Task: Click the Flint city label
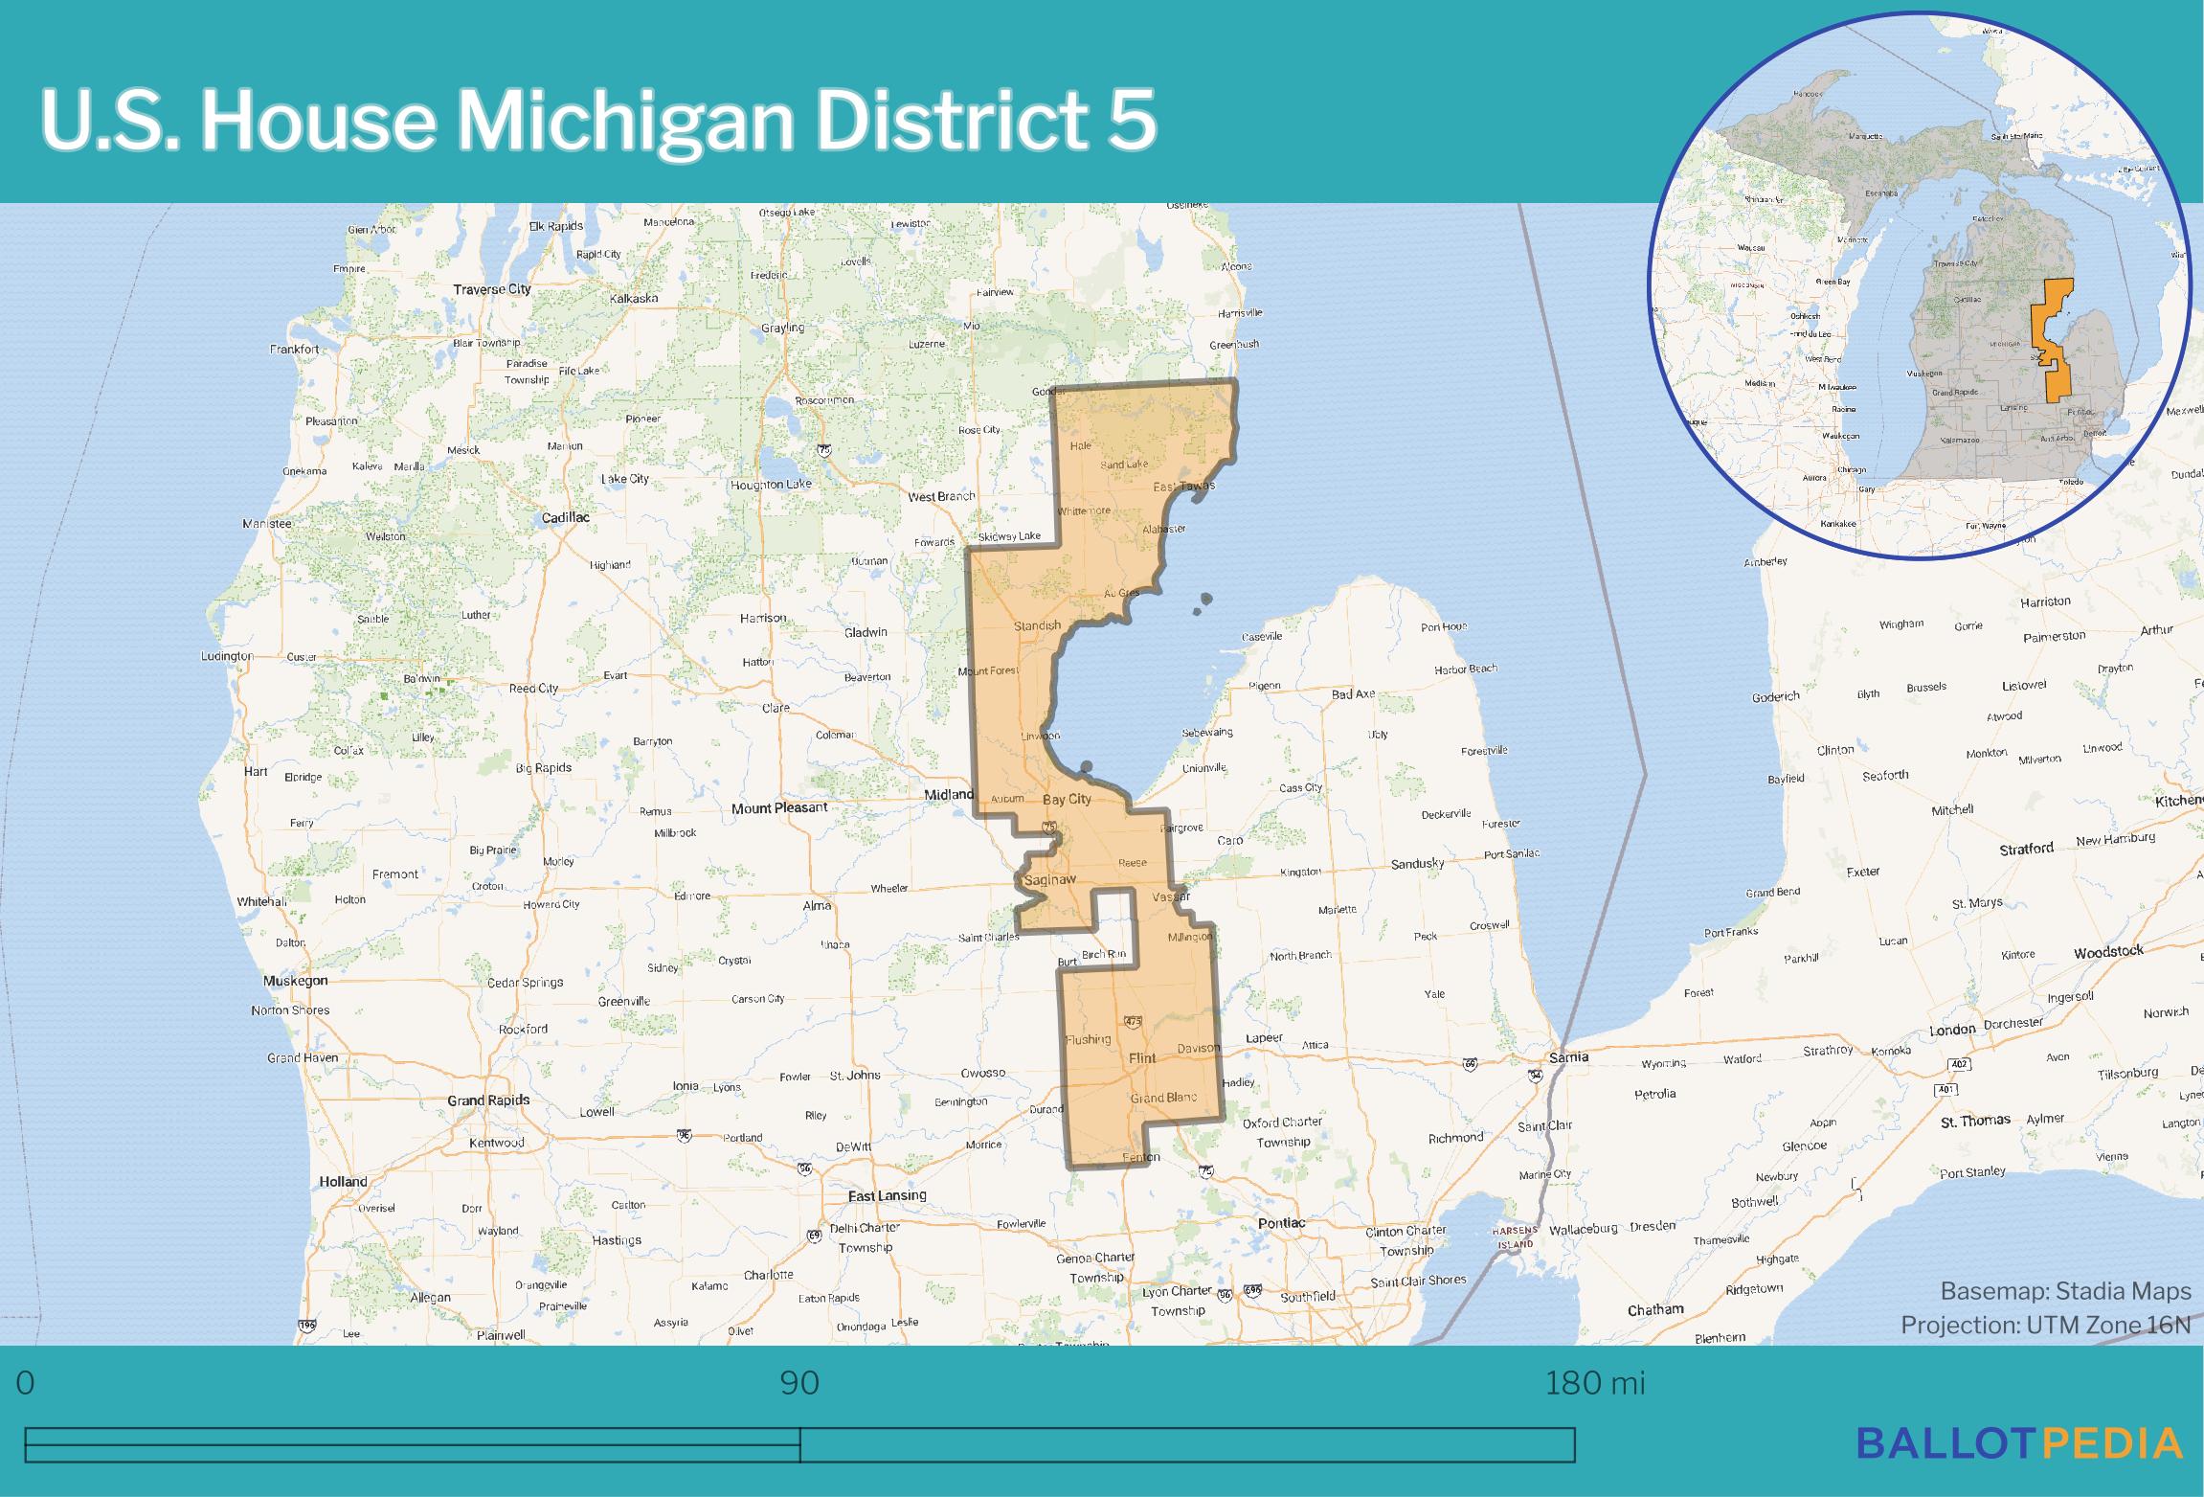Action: [1142, 1058]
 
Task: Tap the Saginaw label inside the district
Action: [1050, 879]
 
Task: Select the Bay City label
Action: [1066, 799]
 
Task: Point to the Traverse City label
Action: [492, 289]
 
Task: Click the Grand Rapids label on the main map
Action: [488, 1100]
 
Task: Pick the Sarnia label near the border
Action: [1568, 1057]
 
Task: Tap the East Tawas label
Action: [1183, 487]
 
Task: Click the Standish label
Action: [1037, 625]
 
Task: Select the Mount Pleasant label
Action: [779, 808]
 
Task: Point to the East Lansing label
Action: [888, 1195]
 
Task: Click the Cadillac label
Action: [565, 517]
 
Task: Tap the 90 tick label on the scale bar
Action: [799, 1384]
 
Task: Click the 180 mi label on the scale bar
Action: [1594, 1384]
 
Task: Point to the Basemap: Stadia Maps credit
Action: [2065, 1292]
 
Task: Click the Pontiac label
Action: [1281, 1223]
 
